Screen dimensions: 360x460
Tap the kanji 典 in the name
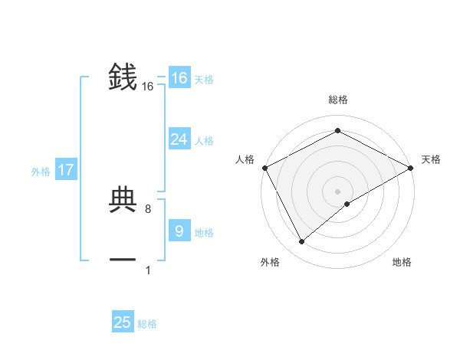click(x=123, y=200)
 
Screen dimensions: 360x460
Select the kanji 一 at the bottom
click(x=123, y=260)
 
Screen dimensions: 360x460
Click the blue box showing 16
click(x=179, y=78)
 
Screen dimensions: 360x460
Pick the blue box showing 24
click(x=179, y=139)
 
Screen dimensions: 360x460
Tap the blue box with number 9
click(x=179, y=231)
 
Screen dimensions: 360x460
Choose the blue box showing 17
click(x=66, y=170)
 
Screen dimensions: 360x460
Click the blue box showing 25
click(x=123, y=322)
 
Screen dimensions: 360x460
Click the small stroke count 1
click(x=148, y=270)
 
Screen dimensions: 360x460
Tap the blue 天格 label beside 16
click(x=204, y=80)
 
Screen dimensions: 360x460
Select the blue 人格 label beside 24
click(x=204, y=141)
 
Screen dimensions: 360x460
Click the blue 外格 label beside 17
click(x=41, y=172)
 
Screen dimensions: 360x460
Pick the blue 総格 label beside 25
click(x=147, y=324)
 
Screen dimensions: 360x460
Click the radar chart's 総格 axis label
click(x=338, y=100)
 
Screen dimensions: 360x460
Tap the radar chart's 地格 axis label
click(x=402, y=262)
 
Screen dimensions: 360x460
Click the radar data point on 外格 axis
click(x=302, y=242)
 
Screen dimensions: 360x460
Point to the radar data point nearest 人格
click(x=264, y=168)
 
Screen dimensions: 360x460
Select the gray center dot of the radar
click(x=338, y=191)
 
